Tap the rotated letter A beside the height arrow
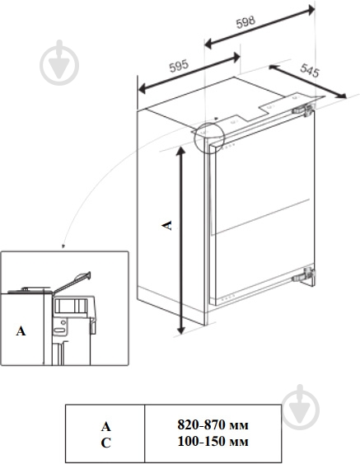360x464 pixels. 167,225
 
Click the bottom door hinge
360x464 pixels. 306,274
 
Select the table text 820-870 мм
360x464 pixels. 213,425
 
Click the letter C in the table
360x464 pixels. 105,441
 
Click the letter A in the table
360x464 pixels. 105,426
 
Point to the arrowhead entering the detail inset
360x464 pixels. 63,246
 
